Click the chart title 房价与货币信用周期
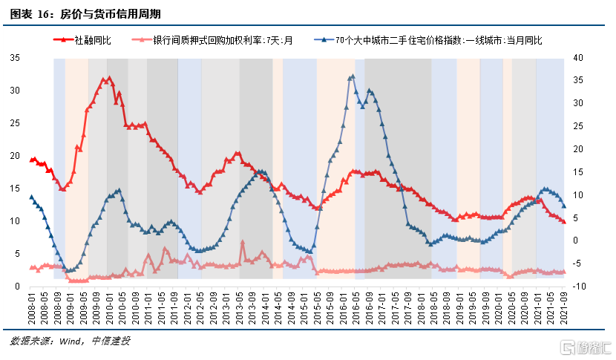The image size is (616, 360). [x=111, y=15]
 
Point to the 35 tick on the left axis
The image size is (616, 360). [x=15, y=58]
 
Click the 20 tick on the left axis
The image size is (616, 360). [x=15, y=156]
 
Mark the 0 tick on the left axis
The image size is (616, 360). [x=17, y=287]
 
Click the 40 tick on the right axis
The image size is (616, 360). [x=578, y=58]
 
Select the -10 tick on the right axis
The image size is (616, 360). [x=579, y=287]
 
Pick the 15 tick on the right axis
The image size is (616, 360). [x=578, y=172]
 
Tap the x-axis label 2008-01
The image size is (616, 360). [x=32, y=309]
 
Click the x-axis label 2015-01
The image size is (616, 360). [x=304, y=309]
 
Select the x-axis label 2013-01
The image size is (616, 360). [x=226, y=309]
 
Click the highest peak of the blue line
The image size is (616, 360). [x=353, y=76]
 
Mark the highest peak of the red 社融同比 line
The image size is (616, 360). [x=109, y=78]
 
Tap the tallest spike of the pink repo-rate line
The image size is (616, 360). [x=243, y=242]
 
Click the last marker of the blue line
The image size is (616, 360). [x=564, y=206]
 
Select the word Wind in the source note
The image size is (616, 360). [x=70, y=341]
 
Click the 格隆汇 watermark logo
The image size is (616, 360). [x=586, y=347]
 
